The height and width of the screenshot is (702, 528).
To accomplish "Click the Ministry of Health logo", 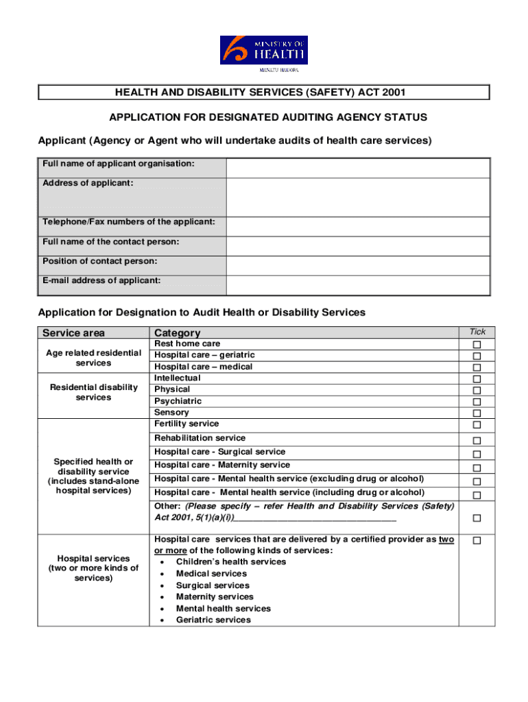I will pyautogui.click(x=263, y=52).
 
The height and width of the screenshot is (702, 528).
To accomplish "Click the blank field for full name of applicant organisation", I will pyautogui.click(x=357, y=168).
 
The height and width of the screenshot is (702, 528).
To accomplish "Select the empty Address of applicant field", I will pyautogui.click(x=357, y=197).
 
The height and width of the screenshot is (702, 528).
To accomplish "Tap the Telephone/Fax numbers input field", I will pyautogui.click(x=357, y=226).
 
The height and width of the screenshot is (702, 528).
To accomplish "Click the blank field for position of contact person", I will pyautogui.click(x=357, y=265).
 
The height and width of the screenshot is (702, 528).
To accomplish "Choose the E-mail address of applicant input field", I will pyautogui.click(x=357, y=285).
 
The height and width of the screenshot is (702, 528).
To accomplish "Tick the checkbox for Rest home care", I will pyautogui.click(x=477, y=344).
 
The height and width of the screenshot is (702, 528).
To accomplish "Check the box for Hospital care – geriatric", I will pyautogui.click(x=477, y=356).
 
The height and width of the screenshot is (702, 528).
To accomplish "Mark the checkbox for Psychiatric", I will pyautogui.click(x=477, y=402).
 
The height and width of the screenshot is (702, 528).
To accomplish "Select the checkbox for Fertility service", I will pyautogui.click(x=477, y=426).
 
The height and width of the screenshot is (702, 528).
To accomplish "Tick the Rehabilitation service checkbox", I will pyautogui.click(x=477, y=440).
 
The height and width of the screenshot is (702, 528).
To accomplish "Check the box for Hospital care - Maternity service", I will pyautogui.click(x=477, y=468).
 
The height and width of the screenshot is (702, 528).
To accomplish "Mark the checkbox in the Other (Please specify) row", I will pyautogui.click(x=477, y=518).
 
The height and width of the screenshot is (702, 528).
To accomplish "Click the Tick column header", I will pyautogui.click(x=477, y=332).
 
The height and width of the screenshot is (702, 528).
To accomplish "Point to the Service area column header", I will pyautogui.click(x=74, y=333).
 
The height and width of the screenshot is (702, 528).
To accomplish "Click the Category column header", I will pyautogui.click(x=178, y=333).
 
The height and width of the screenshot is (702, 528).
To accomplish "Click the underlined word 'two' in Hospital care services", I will pyautogui.click(x=446, y=540).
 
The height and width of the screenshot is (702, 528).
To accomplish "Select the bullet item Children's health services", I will pyautogui.click(x=230, y=562).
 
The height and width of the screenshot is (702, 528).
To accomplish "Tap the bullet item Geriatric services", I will pyautogui.click(x=213, y=620).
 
